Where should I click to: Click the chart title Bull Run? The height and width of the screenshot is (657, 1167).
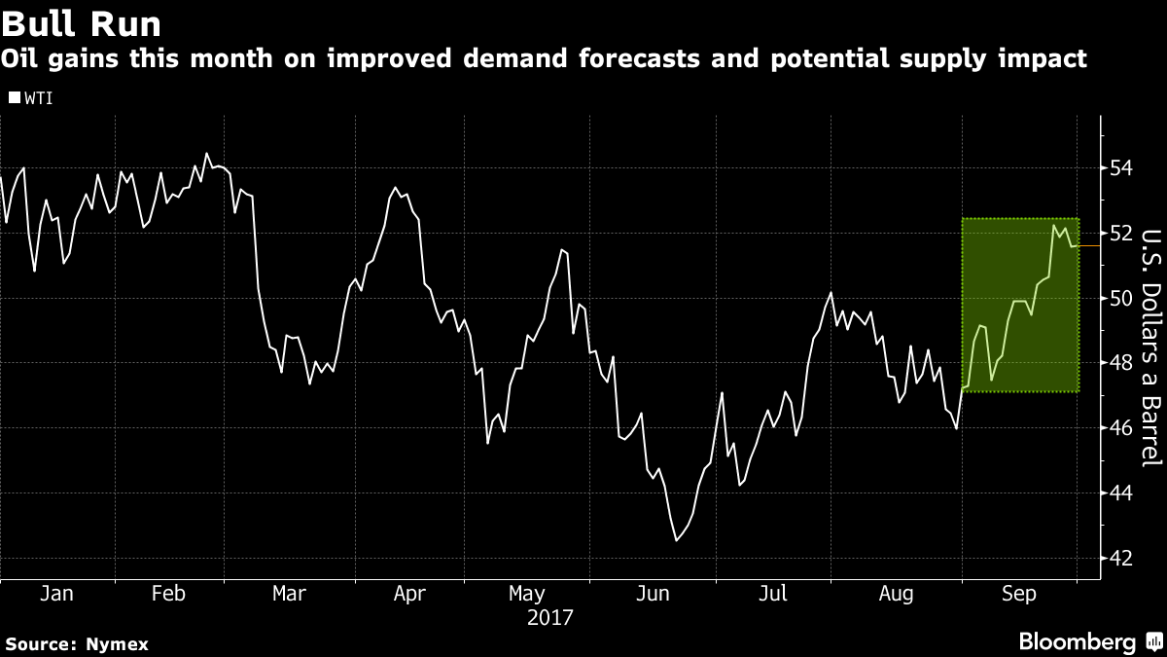[82, 22]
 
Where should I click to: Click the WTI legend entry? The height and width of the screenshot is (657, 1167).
[31, 97]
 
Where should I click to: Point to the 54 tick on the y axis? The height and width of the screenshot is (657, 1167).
[1119, 167]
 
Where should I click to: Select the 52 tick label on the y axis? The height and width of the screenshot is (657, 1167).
[1119, 233]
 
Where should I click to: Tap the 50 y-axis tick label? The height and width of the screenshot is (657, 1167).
[1119, 298]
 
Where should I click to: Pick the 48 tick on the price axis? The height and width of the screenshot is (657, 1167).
[1119, 363]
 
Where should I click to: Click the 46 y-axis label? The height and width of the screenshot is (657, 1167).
[1119, 428]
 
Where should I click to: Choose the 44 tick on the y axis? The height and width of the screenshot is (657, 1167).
[1119, 493]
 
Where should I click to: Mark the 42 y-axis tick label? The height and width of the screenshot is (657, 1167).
[1119, 559]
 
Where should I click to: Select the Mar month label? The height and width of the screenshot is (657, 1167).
[289, 594]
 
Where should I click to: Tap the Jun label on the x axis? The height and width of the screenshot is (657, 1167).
[654, 594]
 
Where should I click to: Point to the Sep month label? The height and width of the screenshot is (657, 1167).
[1019, 594]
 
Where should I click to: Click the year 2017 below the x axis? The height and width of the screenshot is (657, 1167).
[550, 617]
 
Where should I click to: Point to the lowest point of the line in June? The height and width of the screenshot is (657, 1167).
[677, 540]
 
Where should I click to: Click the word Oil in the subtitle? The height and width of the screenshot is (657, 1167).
[21, 59]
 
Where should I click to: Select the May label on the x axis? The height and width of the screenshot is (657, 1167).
[526, 594]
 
